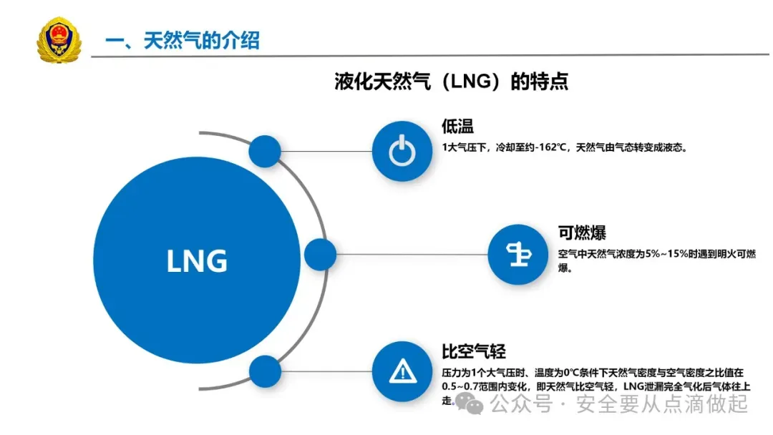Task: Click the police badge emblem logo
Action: (x=58, y=40)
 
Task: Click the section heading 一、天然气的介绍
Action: (x=182, y=41)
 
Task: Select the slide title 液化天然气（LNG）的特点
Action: (x=452, y=82)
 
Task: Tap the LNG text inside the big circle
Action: (x=197, y=261)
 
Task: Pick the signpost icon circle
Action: (x=517, y=255)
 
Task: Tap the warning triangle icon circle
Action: (x=402, y=371)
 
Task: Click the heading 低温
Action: (x=458, y=127)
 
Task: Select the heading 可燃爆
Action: (x=582, y=233)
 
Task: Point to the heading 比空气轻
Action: (x=473, y=351)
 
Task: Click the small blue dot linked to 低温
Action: (x=265, y=151)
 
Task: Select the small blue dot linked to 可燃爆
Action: (x=320, y=255)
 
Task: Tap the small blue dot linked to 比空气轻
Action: (x=265, y=371)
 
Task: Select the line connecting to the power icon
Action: (x=326, y=151)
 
